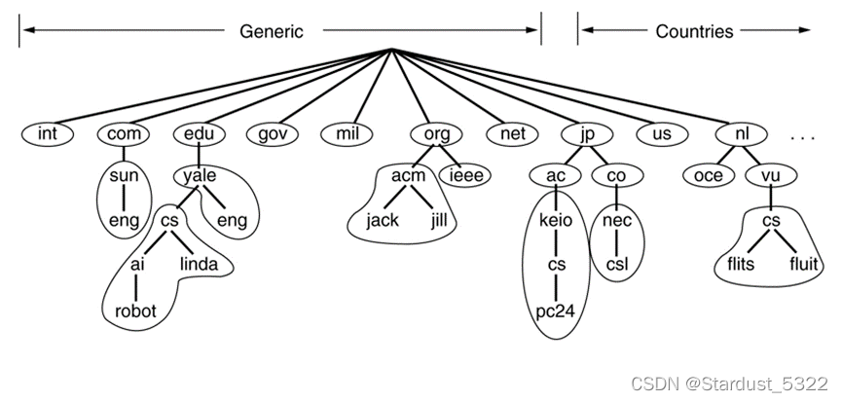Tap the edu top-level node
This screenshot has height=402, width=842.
(199, 133)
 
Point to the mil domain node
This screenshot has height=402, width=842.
(348, 133)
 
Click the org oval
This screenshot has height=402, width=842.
(429, 133)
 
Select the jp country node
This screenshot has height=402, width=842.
(585, 133)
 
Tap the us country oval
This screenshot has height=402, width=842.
(661, 133)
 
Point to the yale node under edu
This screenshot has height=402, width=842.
(200, 176)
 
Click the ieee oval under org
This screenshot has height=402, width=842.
(466, 176)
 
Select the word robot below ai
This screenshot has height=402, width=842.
(136, 311)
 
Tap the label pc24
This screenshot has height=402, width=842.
(555, 311)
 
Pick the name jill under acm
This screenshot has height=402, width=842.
(445, 221)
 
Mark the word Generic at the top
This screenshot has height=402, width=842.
(272, 31)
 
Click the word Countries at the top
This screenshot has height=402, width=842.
(694, 31)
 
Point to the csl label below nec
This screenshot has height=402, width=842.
(617, 264)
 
